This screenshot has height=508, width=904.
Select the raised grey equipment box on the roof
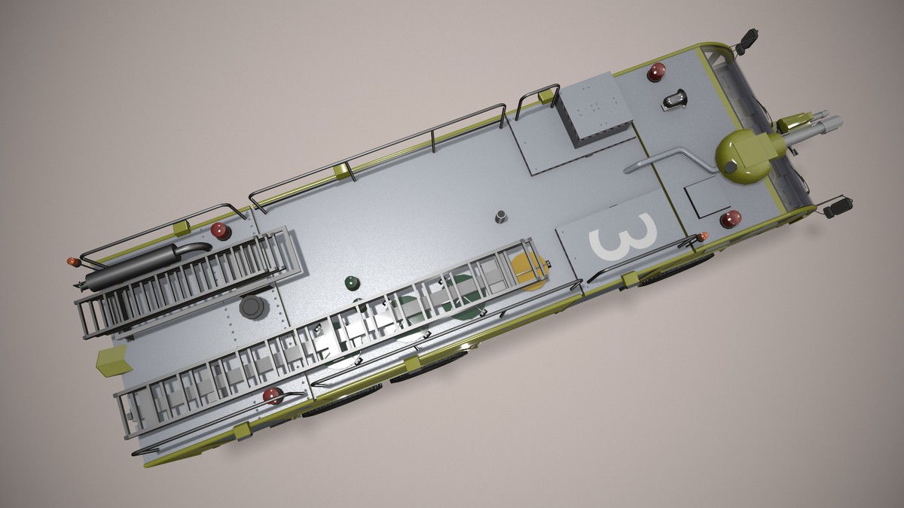pyautogui.click(x=594, y=109)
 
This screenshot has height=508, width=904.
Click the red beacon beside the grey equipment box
pyautogui.click(x=656, y=72)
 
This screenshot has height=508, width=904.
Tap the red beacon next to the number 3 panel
pyautogui.click(x=730, y=219)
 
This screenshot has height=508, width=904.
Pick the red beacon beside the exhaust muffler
pyautogui.click(x=221, y=231)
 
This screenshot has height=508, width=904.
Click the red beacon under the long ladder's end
pyautogui.click(x=273, y=395)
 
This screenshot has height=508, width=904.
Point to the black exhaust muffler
pyautogui.click(x=143, y=266)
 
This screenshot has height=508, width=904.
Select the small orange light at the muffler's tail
pyautogui.click(x=73, y=262)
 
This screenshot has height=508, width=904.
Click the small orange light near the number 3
pyautogui.click(x=703, y=237)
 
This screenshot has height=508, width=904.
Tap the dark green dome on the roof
pyautogui.click(x=352, y=283)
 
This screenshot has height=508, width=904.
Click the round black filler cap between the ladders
pyautogui.click(x=252, y=307)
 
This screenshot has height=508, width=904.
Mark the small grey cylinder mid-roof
pyautogui.click(x=501, y=217)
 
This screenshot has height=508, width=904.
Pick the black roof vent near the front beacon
pyautogui.click(x=675, y=99)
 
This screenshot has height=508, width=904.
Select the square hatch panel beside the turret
pyautogui.click(x=707, y=197)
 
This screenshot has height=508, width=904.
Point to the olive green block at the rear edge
pyautogui.click(x=112, y=362)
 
